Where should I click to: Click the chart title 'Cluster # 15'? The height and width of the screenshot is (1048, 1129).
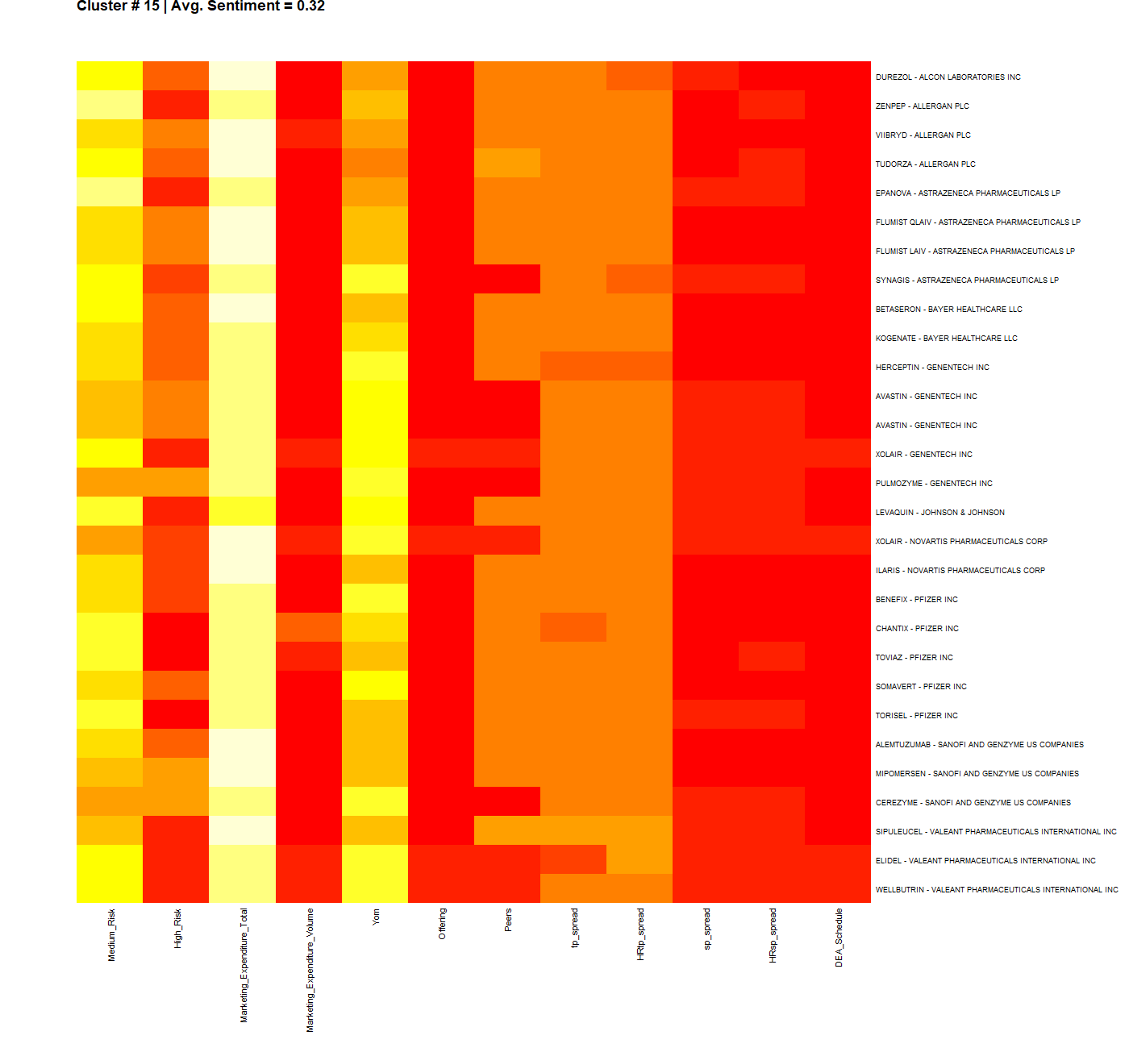pos(119,6)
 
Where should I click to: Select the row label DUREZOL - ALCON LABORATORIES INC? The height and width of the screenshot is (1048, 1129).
pos(948,77)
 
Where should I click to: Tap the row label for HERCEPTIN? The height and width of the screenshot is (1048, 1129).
pos(932,368)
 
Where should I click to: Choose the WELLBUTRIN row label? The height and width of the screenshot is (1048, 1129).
pos(997,890)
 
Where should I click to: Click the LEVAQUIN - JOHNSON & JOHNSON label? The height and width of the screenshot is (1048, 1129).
pos(939,513)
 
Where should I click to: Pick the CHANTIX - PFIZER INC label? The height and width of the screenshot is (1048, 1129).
pos(917,629)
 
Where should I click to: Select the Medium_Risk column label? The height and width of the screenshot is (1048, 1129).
pos(111,935)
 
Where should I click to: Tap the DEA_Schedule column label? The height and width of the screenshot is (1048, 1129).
pos(839,938)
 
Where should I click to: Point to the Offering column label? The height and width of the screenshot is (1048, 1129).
pos(442,924)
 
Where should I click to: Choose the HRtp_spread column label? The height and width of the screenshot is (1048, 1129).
pos(640,934)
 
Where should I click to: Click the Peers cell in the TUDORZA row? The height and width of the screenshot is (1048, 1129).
pos(507,163)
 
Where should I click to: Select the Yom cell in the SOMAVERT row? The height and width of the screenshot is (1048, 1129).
pos(375,685)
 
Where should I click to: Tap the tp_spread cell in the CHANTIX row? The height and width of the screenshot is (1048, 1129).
pos(573,627)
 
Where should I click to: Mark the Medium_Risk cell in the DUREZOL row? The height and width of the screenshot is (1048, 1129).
pos(110,76)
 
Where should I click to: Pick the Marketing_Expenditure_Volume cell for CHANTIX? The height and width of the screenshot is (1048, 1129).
pos(309,627)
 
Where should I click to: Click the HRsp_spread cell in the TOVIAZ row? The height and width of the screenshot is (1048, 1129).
pos(772,656)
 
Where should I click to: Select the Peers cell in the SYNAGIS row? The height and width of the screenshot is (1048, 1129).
pos(507,279)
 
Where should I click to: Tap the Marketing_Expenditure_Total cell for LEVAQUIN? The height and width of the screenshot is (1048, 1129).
pos(242,511)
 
